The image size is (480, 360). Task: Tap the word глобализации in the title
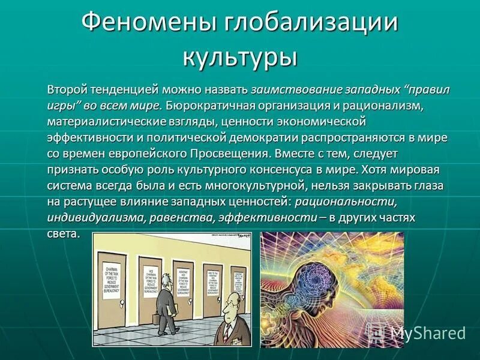pyautogui.click(x=311, y=24)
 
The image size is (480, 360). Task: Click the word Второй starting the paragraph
pyautogui.click(x=67, y=90)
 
